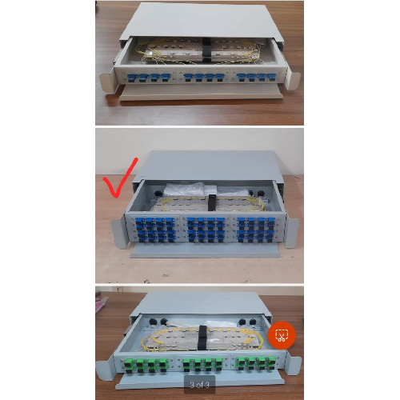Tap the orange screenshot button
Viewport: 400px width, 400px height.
[282, 334]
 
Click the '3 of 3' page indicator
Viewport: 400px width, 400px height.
[199, 385]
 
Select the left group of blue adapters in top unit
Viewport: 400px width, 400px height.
[150, 78]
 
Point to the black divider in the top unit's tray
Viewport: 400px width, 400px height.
[206, 49]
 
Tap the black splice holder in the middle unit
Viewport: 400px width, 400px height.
[212, 201]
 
